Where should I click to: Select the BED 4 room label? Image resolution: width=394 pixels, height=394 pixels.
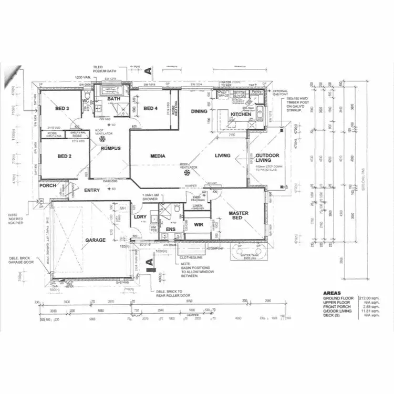[x=150, y=108]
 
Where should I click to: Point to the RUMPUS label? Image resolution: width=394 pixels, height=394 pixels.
[x=111, y=149]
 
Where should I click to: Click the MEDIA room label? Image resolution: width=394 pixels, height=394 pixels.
[x=158, y=156]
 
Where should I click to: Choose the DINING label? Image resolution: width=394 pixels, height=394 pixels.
[x=199, y=111]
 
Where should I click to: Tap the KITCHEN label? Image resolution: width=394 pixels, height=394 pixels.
[x=241, y=115]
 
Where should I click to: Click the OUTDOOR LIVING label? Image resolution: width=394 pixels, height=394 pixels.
[x=267, y=159]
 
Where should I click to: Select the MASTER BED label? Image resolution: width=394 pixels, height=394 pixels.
[x=239, y=215]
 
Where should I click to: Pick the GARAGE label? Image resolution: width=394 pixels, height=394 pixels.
[x=96, y=240]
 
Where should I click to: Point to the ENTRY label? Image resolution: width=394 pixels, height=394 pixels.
[x=92, y=191]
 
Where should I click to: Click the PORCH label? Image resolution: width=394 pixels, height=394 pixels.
[x=48, y=185]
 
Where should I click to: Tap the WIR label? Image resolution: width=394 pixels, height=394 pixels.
[x=199, y=224]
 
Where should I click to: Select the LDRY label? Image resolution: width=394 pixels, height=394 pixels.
[x=140, y=217]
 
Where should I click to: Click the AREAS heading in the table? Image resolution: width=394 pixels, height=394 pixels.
[x=332, y=293]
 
